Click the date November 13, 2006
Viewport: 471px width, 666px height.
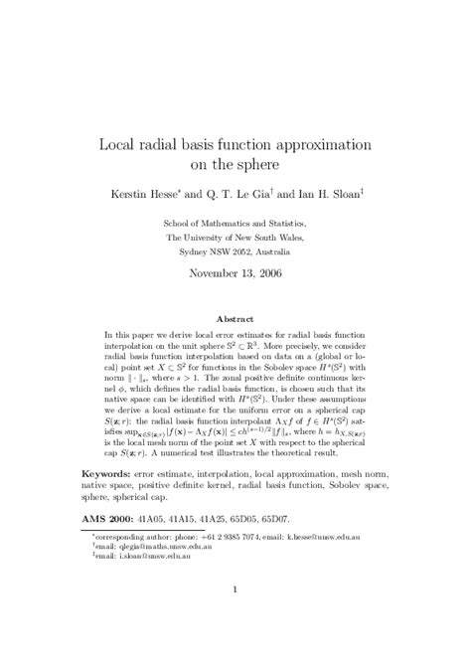235,279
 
